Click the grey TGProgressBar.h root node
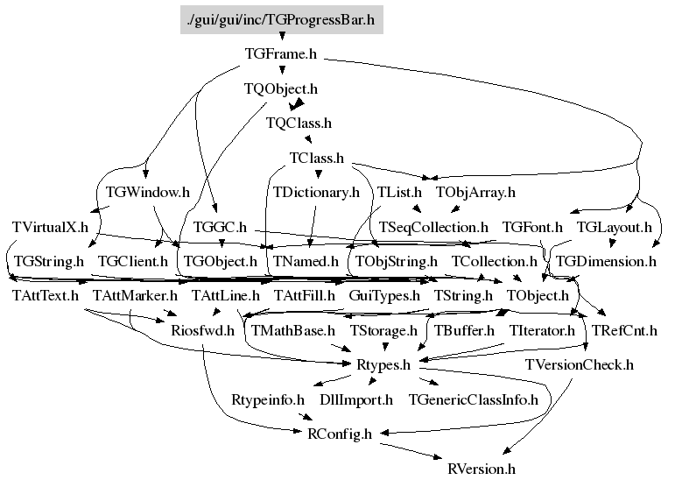[x=281, y=18]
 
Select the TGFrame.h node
[x=280, y=54]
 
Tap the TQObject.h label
[x=280, y=88]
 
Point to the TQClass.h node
[x=299, y=124]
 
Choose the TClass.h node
[x=316, y=159]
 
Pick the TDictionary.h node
[x=316, y=192]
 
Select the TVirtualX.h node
[x=51, y=227]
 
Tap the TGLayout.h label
[x=614, y=227]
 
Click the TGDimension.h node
[x=606, y=261]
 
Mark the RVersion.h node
[x=481, y=469]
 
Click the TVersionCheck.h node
[x=579, y=364]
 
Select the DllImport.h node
[x=355, y=399]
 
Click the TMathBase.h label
[x=293, y=330]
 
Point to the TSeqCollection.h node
[x=433, y=227]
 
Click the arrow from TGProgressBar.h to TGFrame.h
[x=281, y=37]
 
